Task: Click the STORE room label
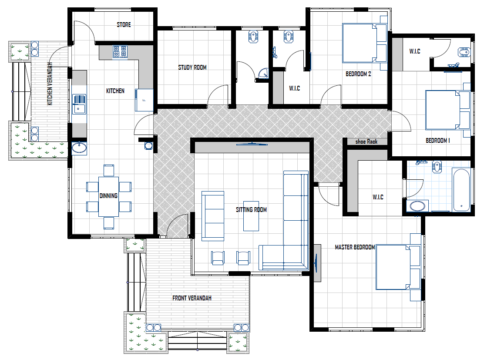[124, 25]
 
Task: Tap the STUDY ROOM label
[192, 67]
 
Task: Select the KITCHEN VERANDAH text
[50, 84]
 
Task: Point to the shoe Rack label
[366, 141]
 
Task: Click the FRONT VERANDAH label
[192, 298]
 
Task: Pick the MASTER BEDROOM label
[355, 247]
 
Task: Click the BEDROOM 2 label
[358, 74]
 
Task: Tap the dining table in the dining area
[109, 197]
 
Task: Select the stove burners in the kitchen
[120, 51]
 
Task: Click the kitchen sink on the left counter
[79, 104]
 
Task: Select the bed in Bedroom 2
[365, 43]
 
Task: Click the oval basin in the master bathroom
[417, 206]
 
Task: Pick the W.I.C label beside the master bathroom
[378, 197]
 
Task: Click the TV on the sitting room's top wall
[252, 144]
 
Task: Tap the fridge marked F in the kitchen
[144, 100]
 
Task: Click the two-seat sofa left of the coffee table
[213, 216]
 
